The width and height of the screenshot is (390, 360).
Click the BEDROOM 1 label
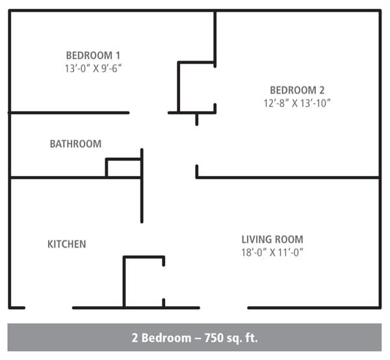tap(93, 55)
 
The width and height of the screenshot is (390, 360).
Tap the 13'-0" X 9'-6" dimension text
tap(93, 68)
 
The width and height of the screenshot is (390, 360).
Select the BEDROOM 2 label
tap(297, 90)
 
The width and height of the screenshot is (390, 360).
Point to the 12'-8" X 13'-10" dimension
tap(297, 103)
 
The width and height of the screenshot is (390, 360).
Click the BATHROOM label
tap(75, 144)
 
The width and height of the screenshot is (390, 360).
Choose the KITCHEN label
tap(67, 244)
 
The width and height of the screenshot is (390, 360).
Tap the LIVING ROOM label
tap(272, 239)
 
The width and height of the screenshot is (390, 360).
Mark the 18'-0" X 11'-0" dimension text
tap(272, 252)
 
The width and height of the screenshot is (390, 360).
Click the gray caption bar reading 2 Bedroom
tap(195, 338)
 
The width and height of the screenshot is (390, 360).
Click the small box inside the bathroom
tap(123, 168)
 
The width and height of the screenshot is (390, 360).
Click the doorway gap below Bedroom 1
tap(148, 113)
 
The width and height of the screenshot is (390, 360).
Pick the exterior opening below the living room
tap(224, 307)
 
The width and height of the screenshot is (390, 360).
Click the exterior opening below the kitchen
tap(48, 307)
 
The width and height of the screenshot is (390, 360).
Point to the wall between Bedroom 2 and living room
tap(288, 177)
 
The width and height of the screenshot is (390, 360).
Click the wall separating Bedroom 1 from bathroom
tap(68, 113)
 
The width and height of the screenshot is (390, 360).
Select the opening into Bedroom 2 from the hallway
tap(197, 144)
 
